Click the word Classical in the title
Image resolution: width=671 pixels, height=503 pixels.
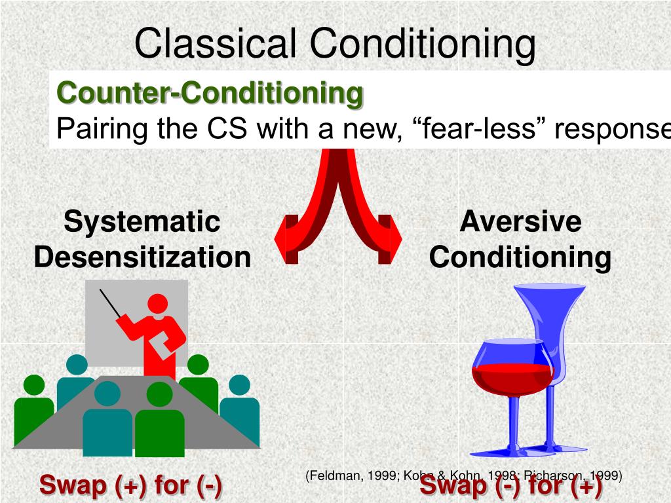[x=217, y=45]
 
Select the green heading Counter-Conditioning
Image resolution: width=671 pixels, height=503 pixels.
[x=210, y=93]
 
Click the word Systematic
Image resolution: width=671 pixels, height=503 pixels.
[x=142, y=221]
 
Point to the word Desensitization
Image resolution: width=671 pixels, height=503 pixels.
[x=142, y=257]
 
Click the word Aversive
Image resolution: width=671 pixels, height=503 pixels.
[x=520, y=221]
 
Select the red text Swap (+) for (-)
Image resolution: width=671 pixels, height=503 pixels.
[x=130, y=486]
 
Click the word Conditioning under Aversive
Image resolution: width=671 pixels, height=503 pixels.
[x=520, y=257]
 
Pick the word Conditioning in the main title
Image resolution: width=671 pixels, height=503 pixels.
[x=423, y=45]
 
